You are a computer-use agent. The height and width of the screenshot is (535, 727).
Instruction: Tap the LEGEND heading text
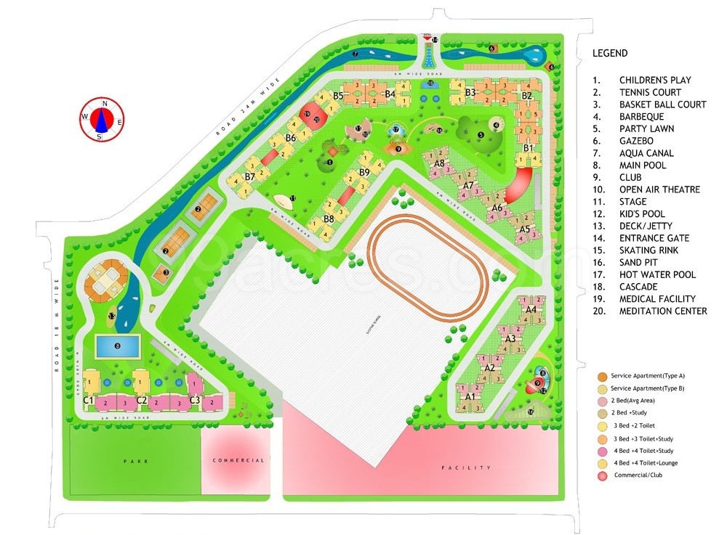coord(610,53)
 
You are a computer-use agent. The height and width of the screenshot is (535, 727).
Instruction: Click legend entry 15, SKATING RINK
coord(648,250)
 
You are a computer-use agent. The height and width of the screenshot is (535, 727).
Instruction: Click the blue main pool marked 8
coord(117,346)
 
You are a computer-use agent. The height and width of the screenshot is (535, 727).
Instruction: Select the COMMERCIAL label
coord(238,461)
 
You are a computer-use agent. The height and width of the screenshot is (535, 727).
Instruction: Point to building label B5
coord(338,96)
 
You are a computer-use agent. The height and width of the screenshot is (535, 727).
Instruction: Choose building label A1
coord(470,397)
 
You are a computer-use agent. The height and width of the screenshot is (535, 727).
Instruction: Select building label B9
coord(363,172)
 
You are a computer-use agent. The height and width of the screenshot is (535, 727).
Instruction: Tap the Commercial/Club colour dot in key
coord(604,475)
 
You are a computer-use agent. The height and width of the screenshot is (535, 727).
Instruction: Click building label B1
coord(529,148)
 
